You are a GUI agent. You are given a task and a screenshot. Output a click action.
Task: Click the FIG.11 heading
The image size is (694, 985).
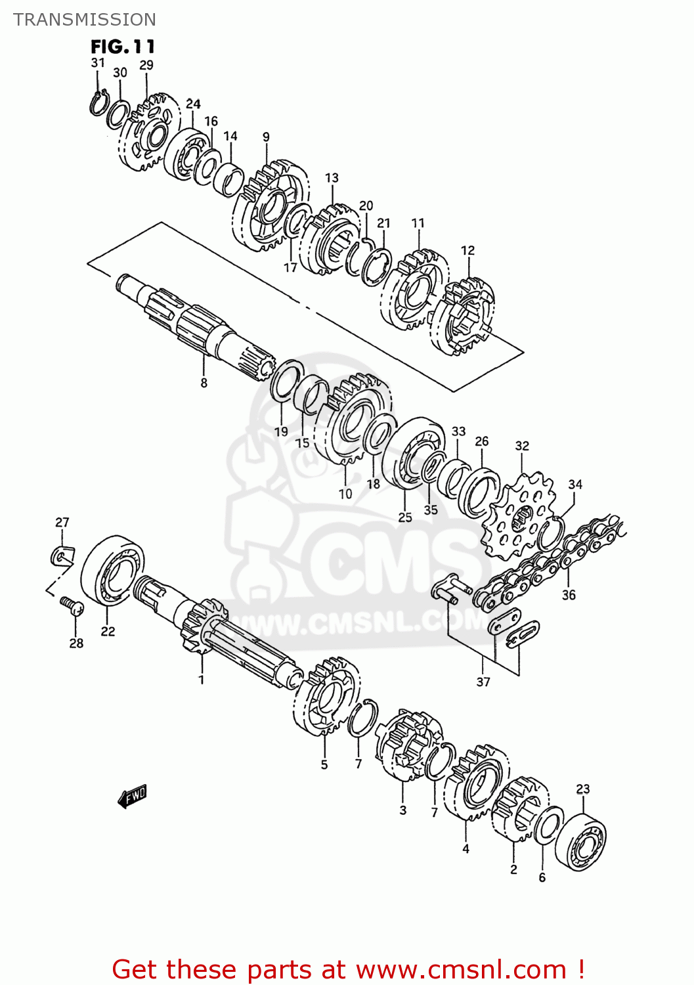(123, 47)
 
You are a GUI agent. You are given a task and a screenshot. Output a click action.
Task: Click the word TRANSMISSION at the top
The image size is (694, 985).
(85, 19)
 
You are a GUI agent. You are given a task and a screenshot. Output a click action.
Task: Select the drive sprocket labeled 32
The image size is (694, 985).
(518, 516)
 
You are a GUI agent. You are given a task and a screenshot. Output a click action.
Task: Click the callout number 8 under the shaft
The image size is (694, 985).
(204, 383)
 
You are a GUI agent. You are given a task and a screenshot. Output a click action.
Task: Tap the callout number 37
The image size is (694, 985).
(483, 682)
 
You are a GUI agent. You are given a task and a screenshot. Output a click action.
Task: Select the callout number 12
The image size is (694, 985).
(467, 250)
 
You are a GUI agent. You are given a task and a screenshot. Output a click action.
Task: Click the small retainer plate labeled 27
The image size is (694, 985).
(62, 556)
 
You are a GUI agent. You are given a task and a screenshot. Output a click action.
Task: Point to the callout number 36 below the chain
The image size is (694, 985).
(569, 595)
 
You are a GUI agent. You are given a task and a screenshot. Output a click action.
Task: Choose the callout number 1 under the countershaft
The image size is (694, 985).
(202, 680)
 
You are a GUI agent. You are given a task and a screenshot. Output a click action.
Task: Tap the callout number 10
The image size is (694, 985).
(345, 494)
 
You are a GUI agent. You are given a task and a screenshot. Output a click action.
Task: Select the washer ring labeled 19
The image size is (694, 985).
(284, 381)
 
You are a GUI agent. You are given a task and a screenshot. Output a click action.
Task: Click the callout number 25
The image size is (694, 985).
(405, 517)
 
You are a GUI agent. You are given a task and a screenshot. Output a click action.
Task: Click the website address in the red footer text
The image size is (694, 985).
(461, 969)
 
